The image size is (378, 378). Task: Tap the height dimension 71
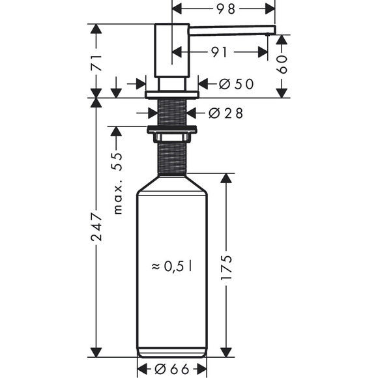[96, 64]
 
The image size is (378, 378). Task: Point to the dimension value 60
[282, 63]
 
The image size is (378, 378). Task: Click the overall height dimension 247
[96, 227]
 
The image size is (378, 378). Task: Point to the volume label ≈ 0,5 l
[172, 266]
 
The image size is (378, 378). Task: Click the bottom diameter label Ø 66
[172, 370]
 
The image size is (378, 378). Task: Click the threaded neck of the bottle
[172, 158]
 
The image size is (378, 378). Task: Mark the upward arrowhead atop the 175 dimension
[226, 179]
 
